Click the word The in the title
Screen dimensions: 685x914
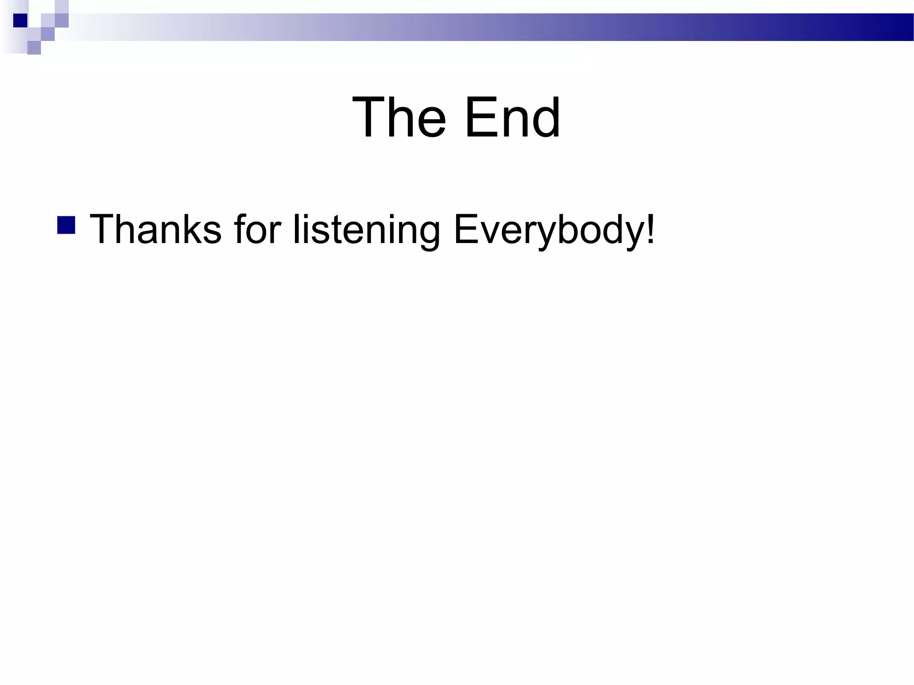[399, 118]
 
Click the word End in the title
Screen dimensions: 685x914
[512, 118]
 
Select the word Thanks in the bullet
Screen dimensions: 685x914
[156, 229]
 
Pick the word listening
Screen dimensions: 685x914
[366, 230]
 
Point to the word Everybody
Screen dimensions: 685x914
[548, 230]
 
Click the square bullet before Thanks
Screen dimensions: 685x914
[66, 225]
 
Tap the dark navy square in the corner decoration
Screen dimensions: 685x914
[20, 21]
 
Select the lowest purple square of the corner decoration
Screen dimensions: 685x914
[34, 47]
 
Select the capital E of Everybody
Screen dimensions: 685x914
[466, 229]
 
